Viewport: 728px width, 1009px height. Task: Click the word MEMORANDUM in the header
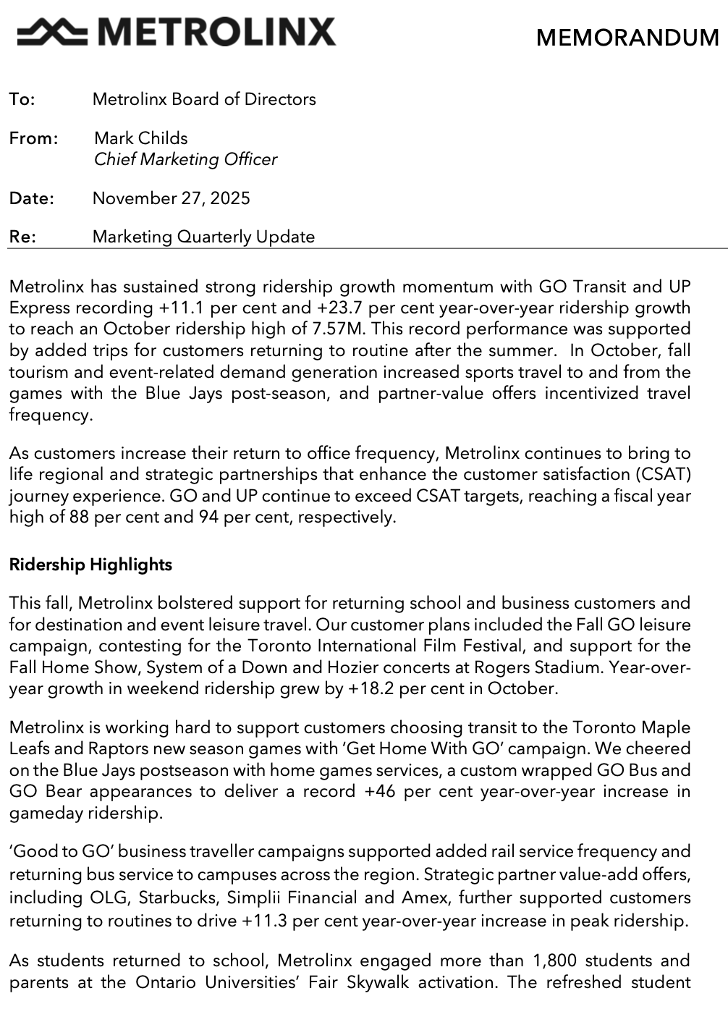[x=627, y=38]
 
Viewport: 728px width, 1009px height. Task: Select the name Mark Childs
[x=141, y=138]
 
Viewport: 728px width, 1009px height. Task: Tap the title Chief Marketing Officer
[x=185, y=159]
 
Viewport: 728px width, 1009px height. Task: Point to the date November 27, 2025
[x=172, y=198]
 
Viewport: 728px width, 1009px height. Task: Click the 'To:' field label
[x=22, y=99]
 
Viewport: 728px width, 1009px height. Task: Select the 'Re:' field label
[x=22, y=237]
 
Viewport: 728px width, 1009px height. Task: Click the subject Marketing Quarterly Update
[x=204, y=237]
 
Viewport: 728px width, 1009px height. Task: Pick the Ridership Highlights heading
[x=90, y=565]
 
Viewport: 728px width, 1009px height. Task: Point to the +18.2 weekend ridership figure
[x=371, y=688]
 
